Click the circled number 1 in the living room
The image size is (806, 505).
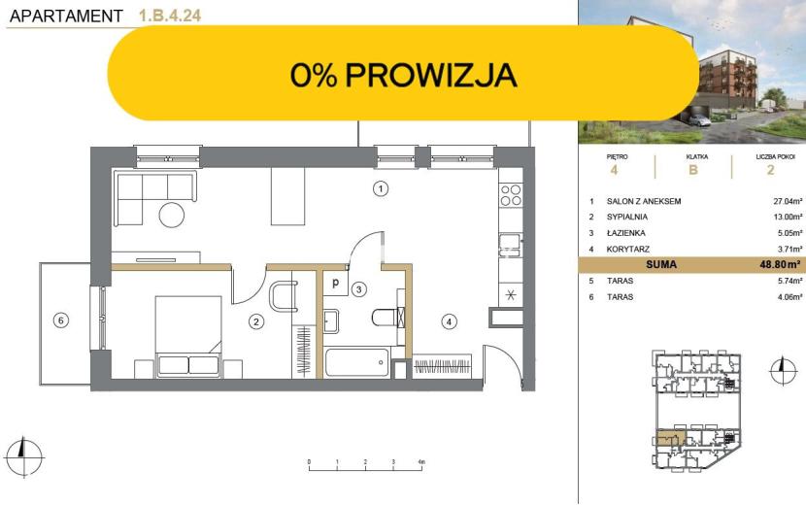tap(381, 188)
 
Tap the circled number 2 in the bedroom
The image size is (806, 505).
tap(256, 321)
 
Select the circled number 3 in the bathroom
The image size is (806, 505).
tap(358, 289)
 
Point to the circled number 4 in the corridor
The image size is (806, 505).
tap(450, 321)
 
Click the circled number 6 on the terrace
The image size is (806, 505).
tap(60, 320)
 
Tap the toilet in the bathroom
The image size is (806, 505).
tap(387, 318)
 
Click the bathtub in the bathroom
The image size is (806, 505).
tap(357, 362)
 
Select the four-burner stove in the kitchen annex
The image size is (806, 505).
tap(511, 195)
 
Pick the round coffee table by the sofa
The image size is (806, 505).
tap(172, 215)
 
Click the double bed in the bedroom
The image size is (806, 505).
tap(188, 336)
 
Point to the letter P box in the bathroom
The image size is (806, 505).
tap(336, 284)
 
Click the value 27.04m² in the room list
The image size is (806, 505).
tap(788, 201)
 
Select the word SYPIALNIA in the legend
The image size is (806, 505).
tap(626, 217)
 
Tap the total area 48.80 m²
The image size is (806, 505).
tap(781, 265)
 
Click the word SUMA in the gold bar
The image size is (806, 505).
tap(661, 265)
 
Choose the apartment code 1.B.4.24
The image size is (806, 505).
tap(170, 16)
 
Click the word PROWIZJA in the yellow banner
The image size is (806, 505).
tap(431, 75)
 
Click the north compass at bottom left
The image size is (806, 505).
tap(23, 456)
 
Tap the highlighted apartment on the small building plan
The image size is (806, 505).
tap(671, 439)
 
